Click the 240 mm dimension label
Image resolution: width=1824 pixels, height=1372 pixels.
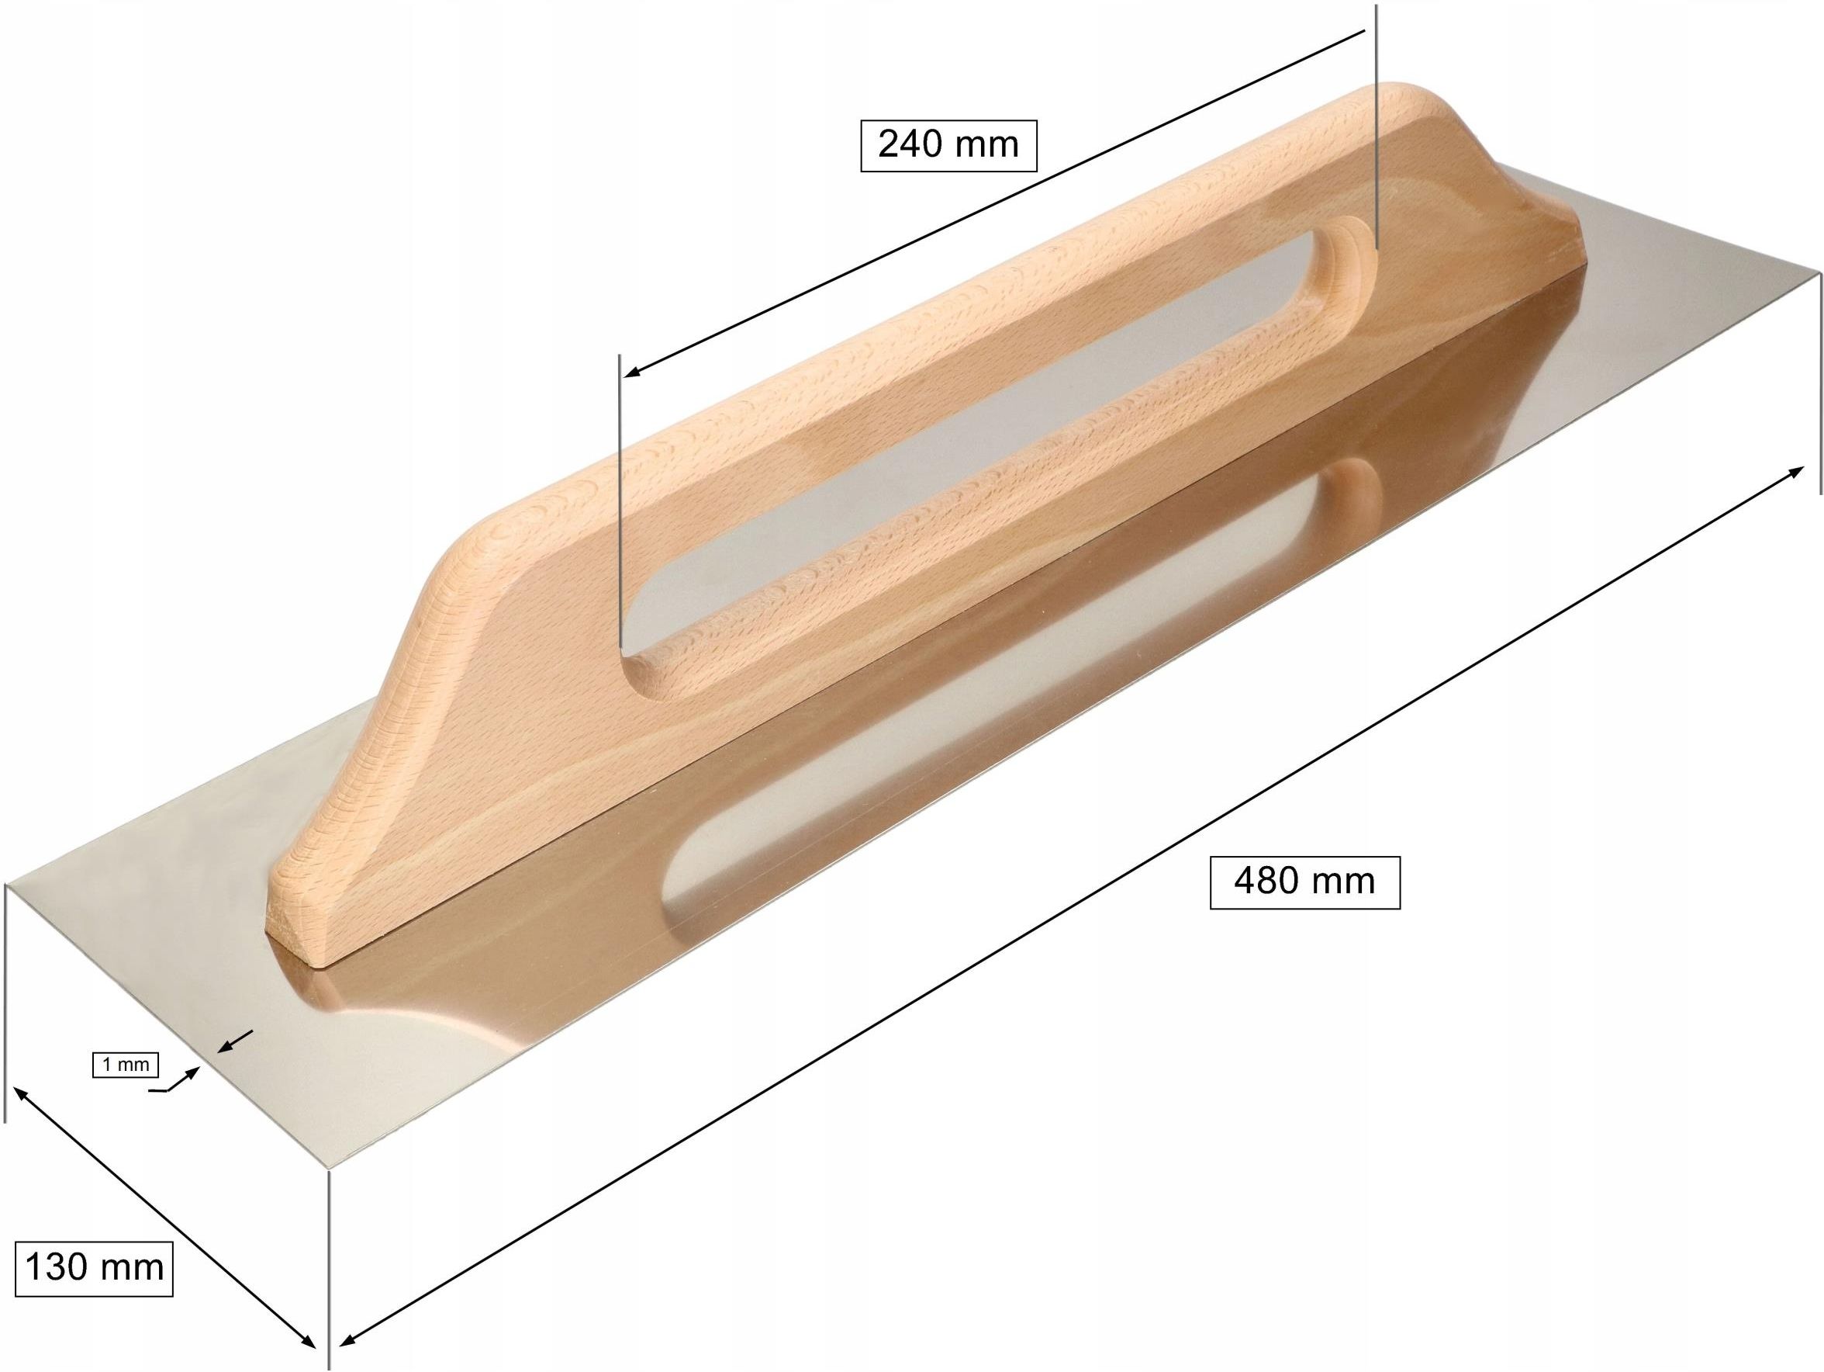point(948,146)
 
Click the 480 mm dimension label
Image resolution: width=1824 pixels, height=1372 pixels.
point(1304,881)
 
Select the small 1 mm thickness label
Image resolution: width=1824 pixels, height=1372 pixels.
point(126,1065)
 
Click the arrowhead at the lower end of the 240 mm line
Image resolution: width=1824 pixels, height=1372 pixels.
point(634,371)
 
